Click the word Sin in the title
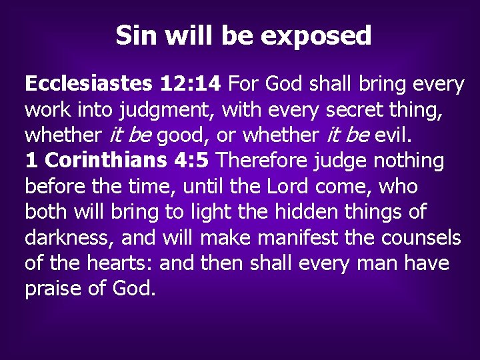coord(135,35)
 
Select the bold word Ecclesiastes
coord(89,84)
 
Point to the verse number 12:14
coord(191,84)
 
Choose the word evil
coord(393,135)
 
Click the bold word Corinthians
coord(101,161)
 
